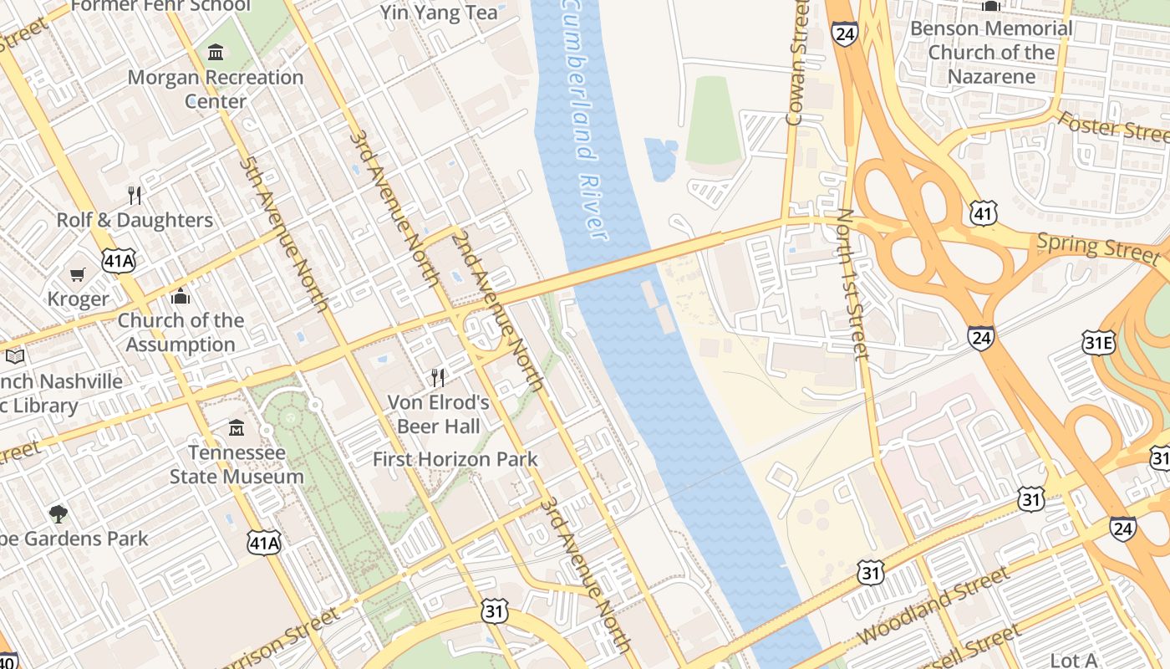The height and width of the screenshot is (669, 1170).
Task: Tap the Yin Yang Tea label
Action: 439,13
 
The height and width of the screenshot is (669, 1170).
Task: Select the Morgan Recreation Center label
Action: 216,89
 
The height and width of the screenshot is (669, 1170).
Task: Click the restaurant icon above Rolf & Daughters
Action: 135,196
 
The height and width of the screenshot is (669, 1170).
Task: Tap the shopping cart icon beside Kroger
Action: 78,274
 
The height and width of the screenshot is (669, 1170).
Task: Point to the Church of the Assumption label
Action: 181,332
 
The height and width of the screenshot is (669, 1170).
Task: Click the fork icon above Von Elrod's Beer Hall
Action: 438,377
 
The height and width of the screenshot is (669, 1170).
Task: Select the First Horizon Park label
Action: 455,459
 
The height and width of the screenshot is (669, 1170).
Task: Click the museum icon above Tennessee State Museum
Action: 237,427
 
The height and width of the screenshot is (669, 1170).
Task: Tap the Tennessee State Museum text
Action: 237,464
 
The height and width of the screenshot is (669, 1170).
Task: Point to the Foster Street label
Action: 1112,126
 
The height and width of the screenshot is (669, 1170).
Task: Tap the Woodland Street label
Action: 934,605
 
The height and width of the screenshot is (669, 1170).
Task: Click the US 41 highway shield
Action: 984,213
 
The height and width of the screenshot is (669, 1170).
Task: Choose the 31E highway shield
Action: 1098,342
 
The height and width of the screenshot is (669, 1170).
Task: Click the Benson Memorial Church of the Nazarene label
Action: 991,52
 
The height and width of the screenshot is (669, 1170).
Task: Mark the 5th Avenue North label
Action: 283,234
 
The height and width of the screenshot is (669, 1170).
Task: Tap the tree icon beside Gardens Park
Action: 58,513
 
